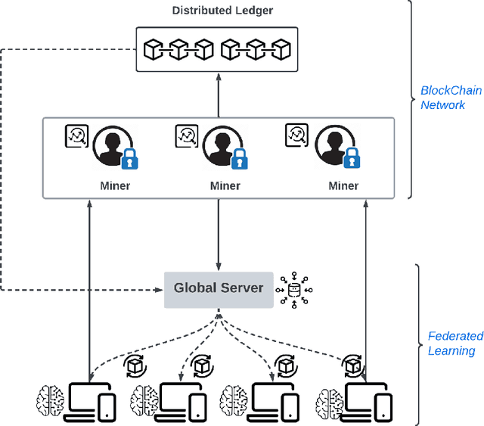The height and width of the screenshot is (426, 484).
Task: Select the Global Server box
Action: [x=219, y=288]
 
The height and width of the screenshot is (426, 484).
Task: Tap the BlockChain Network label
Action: [x=442, y=98]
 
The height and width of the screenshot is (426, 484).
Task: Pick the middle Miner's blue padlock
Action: [x=239, y=159]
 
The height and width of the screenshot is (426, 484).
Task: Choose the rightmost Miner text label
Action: [x=343, y=185]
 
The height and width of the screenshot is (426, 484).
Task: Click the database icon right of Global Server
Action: [x=294, y=289]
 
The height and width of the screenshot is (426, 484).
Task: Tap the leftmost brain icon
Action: [x=51, y=398]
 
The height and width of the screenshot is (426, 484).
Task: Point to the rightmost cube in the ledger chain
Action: [x=281, y=50]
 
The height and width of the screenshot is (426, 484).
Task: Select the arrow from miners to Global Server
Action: [x=219, y=235]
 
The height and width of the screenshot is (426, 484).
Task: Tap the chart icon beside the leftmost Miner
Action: [x=76, y=137]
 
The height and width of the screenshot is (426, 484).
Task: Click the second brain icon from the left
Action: [x=144, y=398]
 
